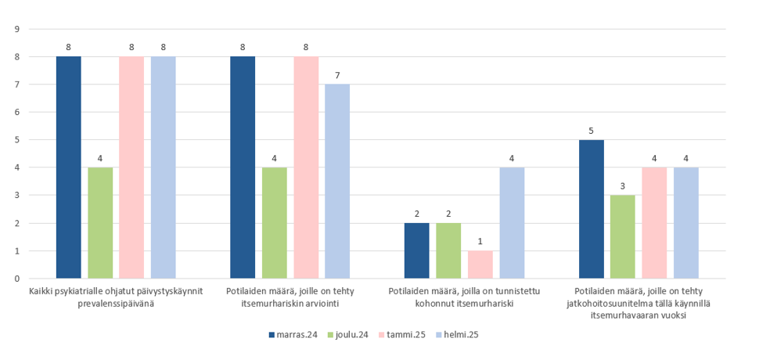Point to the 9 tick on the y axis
(x=16, y=29)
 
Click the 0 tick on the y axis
(x=16, y=279)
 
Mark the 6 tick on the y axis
(x=16, y=112)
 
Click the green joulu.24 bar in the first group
(x=100, y=223)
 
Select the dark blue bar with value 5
(x=592, y=209)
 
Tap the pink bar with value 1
(x=480, y=265)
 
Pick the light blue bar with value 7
(x=337, y=182)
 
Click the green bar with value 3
(x=623, y=236)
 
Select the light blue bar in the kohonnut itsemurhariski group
(x=512, y=223)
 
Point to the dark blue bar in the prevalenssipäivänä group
(x=69, y=167)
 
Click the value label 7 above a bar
(x=337, y=75)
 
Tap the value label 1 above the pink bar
(x=480, y=242)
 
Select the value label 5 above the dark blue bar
(x=592, y=131)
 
